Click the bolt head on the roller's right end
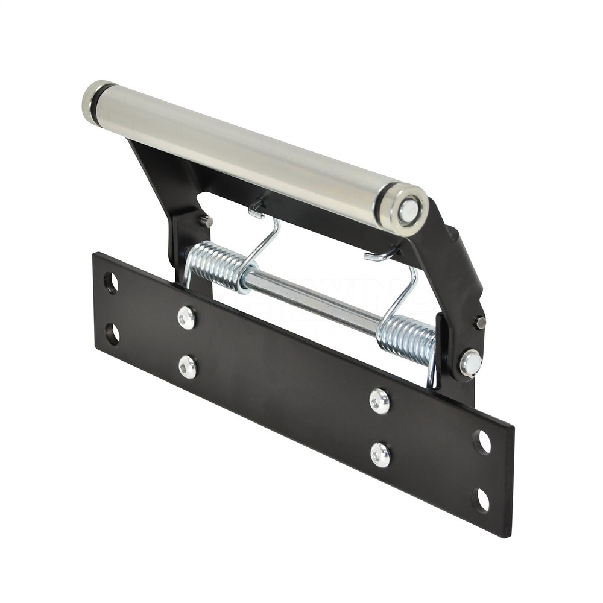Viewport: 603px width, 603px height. (x=408, y=211)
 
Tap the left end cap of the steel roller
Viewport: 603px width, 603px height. (x=92, y=102)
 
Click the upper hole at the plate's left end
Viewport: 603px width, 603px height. (x=111, y=283)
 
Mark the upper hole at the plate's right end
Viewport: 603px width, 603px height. (x=482, y=442)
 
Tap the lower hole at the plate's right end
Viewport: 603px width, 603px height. (x=482, y=499)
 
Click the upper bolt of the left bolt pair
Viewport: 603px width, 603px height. (x=186, y=318)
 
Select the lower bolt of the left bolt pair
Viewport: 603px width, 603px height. (x=188, y=367)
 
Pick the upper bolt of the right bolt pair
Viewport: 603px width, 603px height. (x=379, y=400)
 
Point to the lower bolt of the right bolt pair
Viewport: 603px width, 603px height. (x=380, y=455)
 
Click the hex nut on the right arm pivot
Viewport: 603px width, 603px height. (x=470, y=363)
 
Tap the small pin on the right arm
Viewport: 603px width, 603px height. (x=480, y=323)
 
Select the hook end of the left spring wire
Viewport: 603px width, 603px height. (x=256, y=210)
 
